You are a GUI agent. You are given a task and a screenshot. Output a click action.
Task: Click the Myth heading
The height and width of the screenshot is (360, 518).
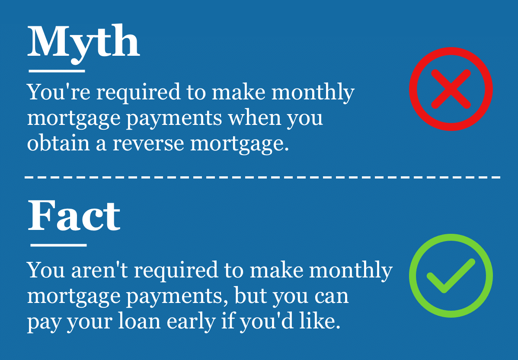tap(83, 43)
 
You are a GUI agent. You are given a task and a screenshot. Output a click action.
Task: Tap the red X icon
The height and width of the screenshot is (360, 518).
tap(451, 89)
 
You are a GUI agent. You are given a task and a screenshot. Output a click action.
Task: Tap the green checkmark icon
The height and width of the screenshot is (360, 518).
tap(451, 276)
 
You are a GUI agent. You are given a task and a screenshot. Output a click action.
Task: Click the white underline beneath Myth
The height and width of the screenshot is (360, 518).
tap(57, 71)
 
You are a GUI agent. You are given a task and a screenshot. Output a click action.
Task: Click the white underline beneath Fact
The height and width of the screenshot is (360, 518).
tap(58, 245)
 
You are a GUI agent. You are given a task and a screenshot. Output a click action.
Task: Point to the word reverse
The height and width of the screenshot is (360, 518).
tap(148, 144)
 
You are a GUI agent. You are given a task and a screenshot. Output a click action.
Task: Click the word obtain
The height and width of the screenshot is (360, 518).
tap(58, 143)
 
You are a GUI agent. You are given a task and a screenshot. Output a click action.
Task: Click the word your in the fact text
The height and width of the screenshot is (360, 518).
tap(90, 323)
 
